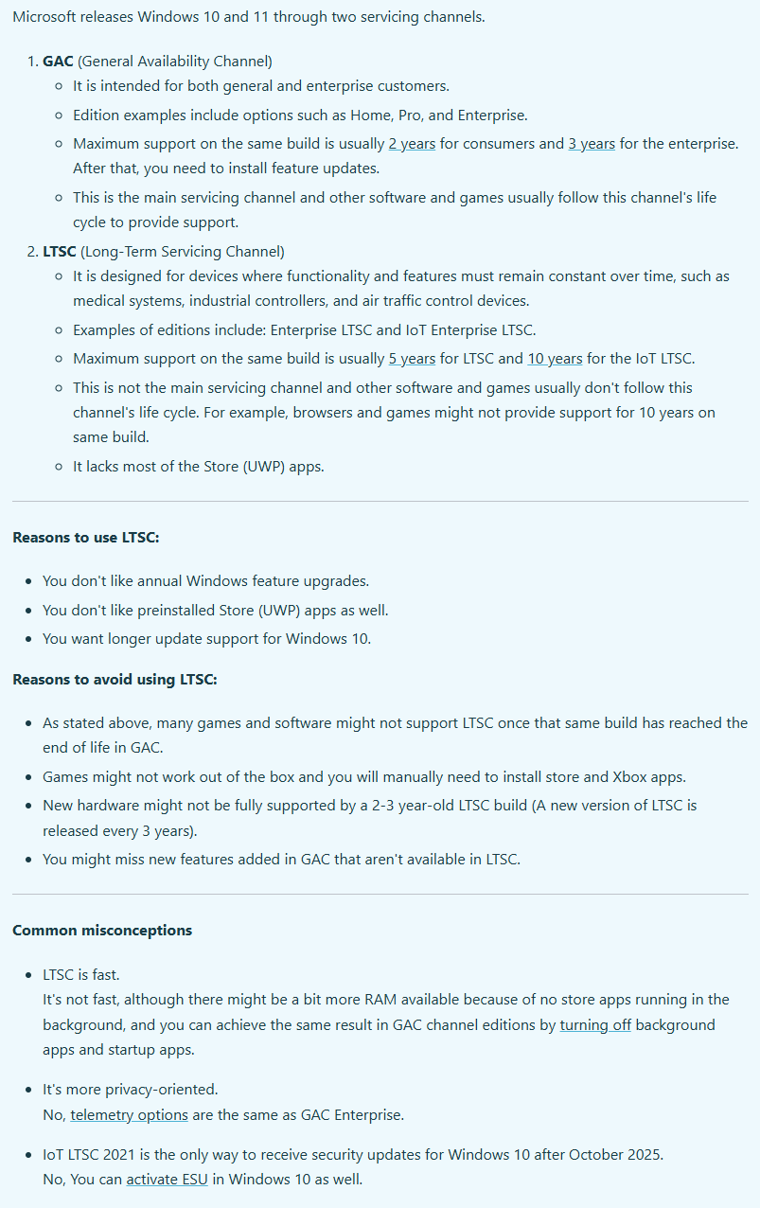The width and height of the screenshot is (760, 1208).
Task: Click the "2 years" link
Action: tap(412, 144)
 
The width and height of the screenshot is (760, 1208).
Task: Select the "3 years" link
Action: tap(592, 144)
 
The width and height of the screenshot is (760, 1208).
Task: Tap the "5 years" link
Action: tap(412, 359)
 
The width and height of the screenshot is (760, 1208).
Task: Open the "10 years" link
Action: tap(555, 359)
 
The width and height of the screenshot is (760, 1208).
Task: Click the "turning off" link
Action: tap(595, 1024)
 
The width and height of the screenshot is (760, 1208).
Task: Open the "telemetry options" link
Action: tap(129, 1114)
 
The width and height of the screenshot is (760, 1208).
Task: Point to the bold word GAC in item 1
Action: tap(58, 62)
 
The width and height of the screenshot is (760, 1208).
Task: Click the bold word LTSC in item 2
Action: tap(60, 252)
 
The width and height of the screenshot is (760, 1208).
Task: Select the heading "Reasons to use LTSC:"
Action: tap(86, 538)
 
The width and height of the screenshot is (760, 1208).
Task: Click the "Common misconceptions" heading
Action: tap(102, 930)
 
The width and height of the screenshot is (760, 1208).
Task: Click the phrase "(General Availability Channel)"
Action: tap(175, 62)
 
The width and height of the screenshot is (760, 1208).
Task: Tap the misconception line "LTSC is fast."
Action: tap(81, 974)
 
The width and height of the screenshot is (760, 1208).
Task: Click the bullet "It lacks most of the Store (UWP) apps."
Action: tap(199, 466)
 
